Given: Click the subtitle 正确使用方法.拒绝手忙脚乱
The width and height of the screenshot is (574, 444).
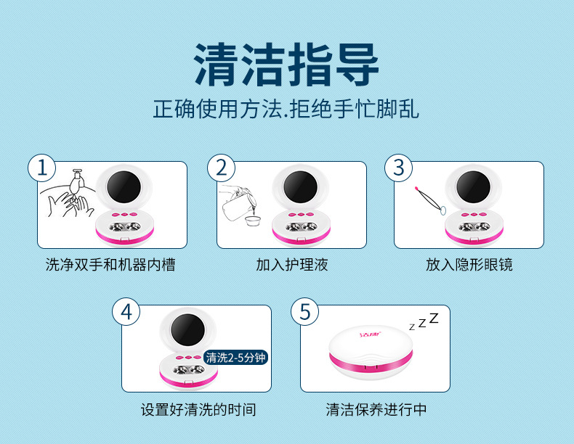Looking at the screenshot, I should point(286,110).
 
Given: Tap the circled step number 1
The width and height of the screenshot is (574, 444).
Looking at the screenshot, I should point(42,168).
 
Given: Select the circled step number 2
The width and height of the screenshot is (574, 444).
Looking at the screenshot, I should point(222,168).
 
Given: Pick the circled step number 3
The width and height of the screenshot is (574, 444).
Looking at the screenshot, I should point(398,168).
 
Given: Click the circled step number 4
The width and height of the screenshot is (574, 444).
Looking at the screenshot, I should point(126,312).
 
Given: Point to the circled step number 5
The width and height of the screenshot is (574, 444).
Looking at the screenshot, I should point(304,312).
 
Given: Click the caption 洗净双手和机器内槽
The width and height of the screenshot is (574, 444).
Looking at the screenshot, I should point(110,265).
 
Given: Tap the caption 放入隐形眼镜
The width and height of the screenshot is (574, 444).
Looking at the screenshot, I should point(469,265).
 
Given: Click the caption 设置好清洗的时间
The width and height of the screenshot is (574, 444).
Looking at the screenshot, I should point(198,410).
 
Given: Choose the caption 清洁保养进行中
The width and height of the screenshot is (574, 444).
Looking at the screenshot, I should point(376,410).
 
